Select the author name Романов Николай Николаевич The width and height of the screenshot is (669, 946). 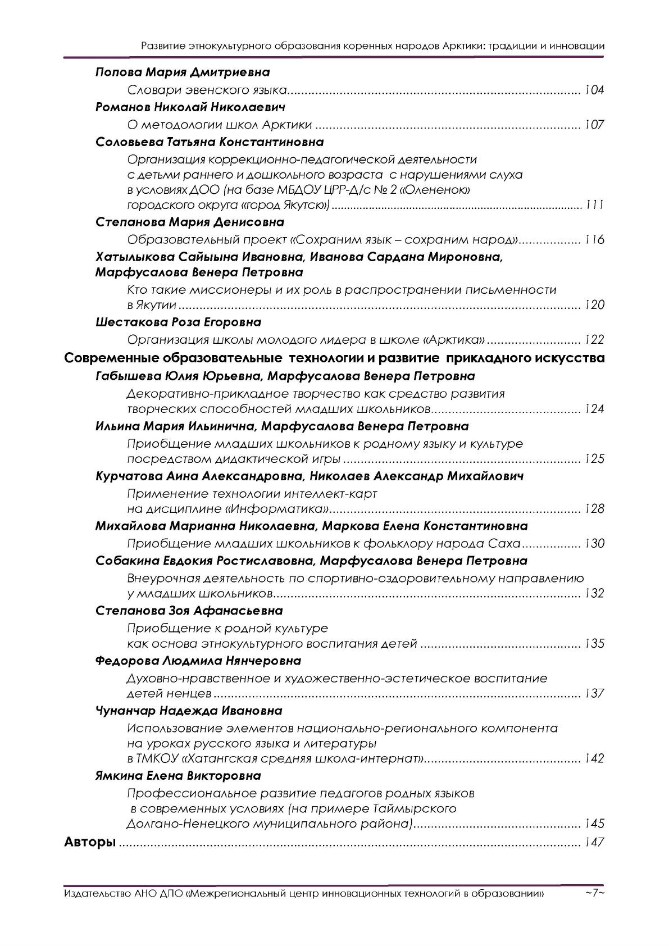(191, 107)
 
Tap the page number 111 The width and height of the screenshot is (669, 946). (594, 204)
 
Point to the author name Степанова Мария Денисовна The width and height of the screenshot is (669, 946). (190, 222)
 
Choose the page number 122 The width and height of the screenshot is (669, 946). (594, 340)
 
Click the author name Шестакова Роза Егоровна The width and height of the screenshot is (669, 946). (179, 322)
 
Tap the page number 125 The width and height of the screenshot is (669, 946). (594, 459)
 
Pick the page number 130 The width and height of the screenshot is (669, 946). (594, 544)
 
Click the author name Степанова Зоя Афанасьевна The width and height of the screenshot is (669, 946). (189, 611)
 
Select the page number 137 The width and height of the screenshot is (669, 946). (594, 693)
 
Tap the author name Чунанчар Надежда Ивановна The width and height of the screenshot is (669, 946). (189, 711)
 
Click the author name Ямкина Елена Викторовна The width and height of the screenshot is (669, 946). (178, 776)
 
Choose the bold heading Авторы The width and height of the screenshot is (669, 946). (90, 842)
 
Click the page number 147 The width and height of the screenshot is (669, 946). (594, 842)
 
